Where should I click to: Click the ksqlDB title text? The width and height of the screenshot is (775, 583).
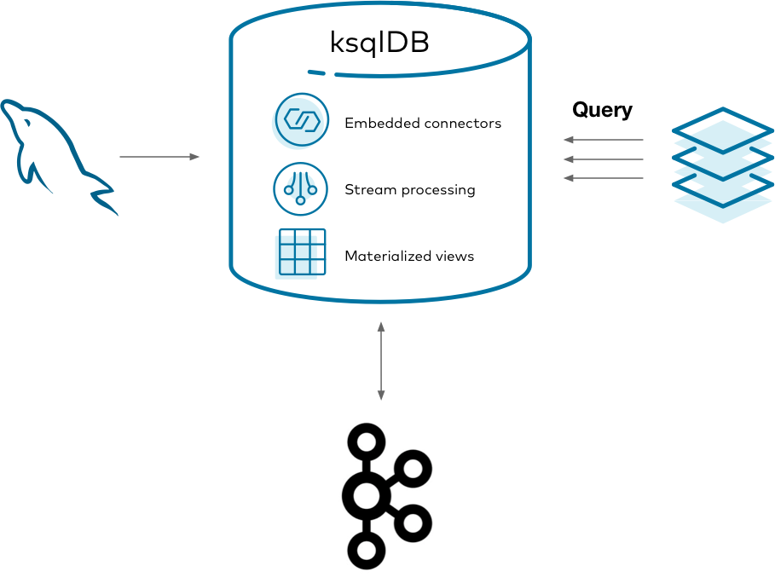tap(379, 43)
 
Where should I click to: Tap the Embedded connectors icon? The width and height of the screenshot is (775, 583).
tap(301, 120)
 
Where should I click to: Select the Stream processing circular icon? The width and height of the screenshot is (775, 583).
tap(300, 188)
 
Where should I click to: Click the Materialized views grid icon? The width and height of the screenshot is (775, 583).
tap(301, 252)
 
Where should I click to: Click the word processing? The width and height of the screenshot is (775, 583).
tap(439, 190)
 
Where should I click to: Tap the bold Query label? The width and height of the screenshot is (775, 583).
tap(602, 110)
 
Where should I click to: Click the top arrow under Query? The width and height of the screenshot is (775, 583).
tap(604, 140)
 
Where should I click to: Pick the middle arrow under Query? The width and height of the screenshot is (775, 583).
tap(604, 159)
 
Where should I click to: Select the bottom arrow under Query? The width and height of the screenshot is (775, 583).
tap(604, 178)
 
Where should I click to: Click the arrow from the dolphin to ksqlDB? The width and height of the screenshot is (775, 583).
tap(159, 157)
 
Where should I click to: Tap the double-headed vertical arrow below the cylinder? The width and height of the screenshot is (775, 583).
tap(381, 361)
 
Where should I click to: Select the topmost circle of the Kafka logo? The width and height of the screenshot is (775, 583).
tap(367, 442)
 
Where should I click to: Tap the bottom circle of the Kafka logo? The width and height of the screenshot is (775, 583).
tap(367, 551)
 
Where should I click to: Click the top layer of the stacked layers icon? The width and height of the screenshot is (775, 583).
tap(722, 130)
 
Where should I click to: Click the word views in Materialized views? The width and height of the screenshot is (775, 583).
tap(454, 256)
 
